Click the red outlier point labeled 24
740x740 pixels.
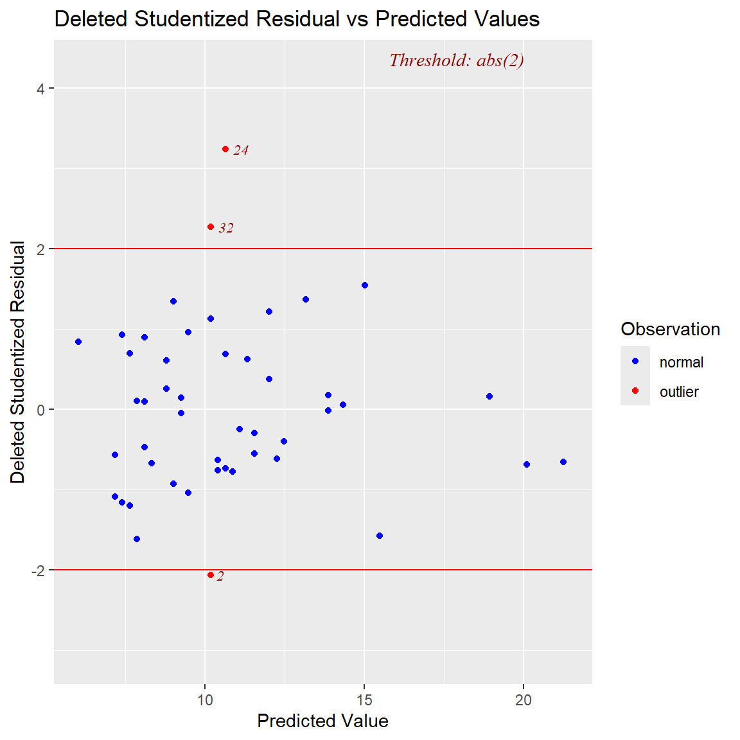pyautogui.click(x=225, y=149)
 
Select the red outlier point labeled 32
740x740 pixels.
pyautogui.click(x=211, y=227)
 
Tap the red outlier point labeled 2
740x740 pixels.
pyautogui.click(x=211, y=575)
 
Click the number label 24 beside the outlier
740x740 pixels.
pyautogui.click(x=241, y=150)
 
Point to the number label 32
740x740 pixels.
pyautogui.click(x=226, y=228)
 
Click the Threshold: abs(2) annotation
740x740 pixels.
pyautogui.click(x=456, y=60)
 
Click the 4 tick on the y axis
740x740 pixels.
pyautogui.click(x=41, y=89)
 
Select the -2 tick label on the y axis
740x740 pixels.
pyautogui.click(x=38, y=570)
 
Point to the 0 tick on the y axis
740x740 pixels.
pyautogui.click(x=41, y=410)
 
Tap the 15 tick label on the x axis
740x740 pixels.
pyautogui.click(x=364, y=700)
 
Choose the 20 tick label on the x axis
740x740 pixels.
pyautogui.click(x=524, y=700)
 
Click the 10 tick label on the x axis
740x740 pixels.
pyautogui.click(x=205, y=700)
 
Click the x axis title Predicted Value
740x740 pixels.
pyautogui.click(x=322, y=721)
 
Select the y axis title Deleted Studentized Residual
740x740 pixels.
pyautogui.click(x=18, y=362)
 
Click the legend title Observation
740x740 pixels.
pyautogui.click(x=670, y=329)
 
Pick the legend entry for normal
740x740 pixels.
pyautogui.click(x=681, y=362)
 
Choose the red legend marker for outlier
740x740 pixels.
pyautogui.click(x=635, y=391)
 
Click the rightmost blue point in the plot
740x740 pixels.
pyautogui.click(x=563, y=462)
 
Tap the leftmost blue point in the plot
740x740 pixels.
pyautogui.click(x=78, y=342)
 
